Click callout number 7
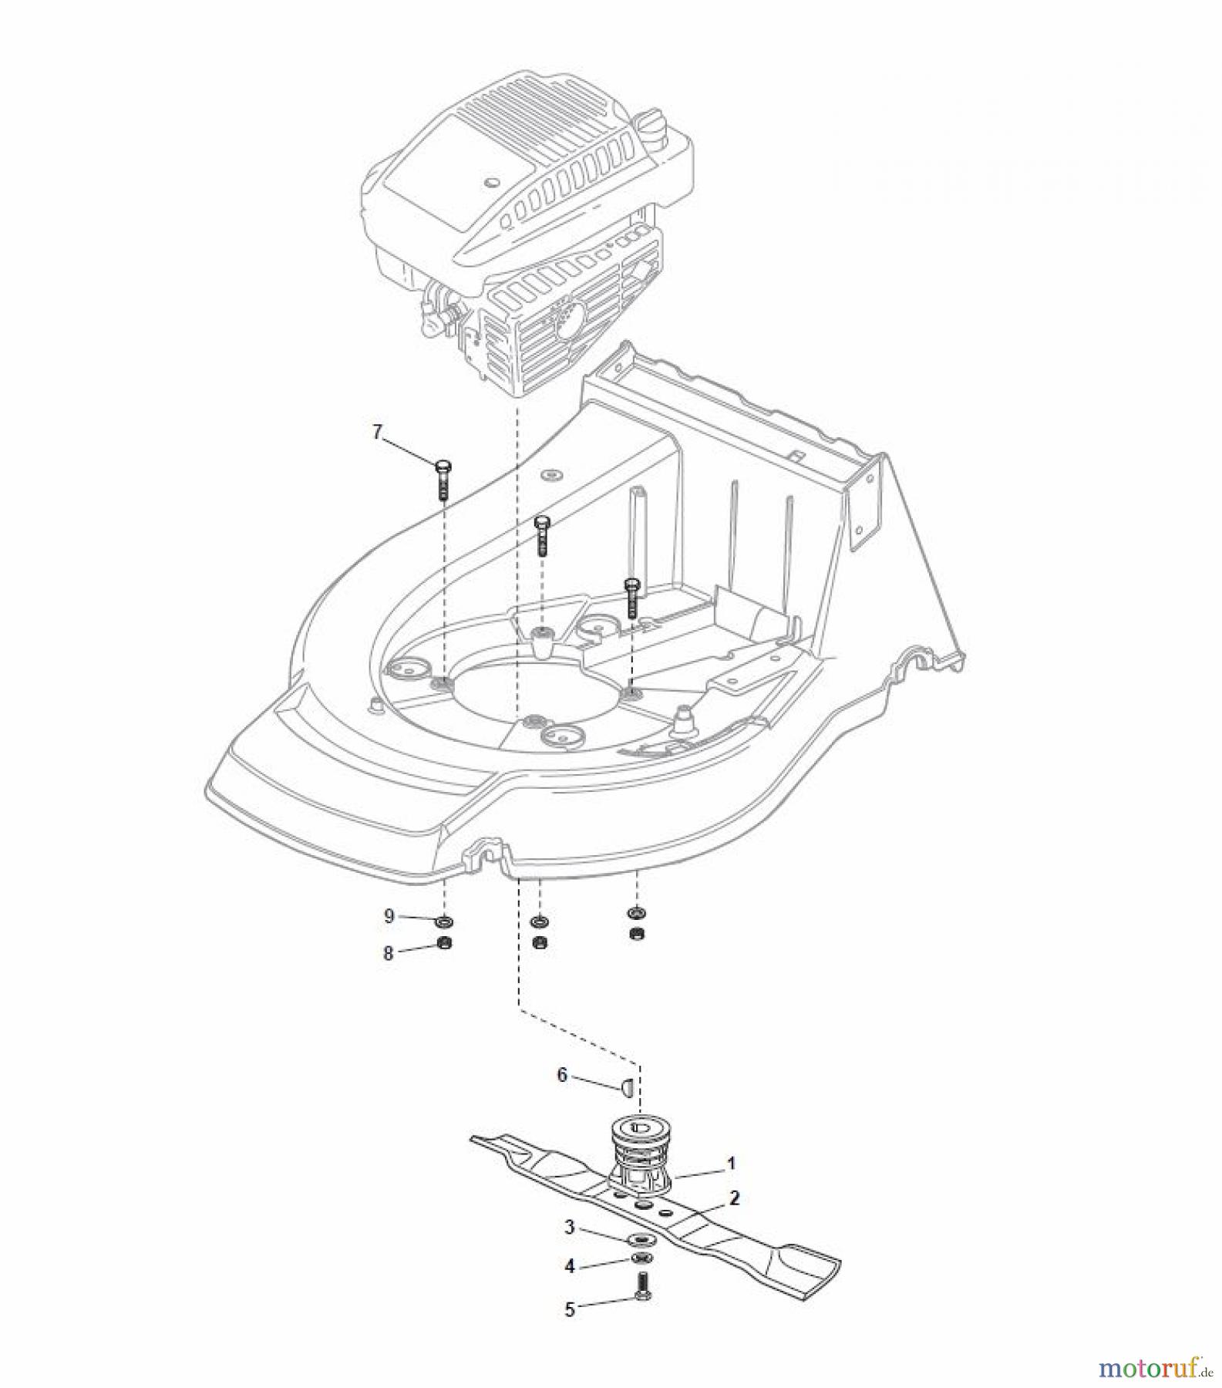click(x=377, y=433)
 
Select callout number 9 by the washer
click(x=389, y=916)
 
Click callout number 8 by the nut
click(x=389, y=954)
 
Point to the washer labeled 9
click(x=444, y=921)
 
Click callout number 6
click(x=562, y=1075)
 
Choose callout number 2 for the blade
click(x=734, y=1198)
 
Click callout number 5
click(x=570, y=1310)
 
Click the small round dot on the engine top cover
click(x=488, y=183)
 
